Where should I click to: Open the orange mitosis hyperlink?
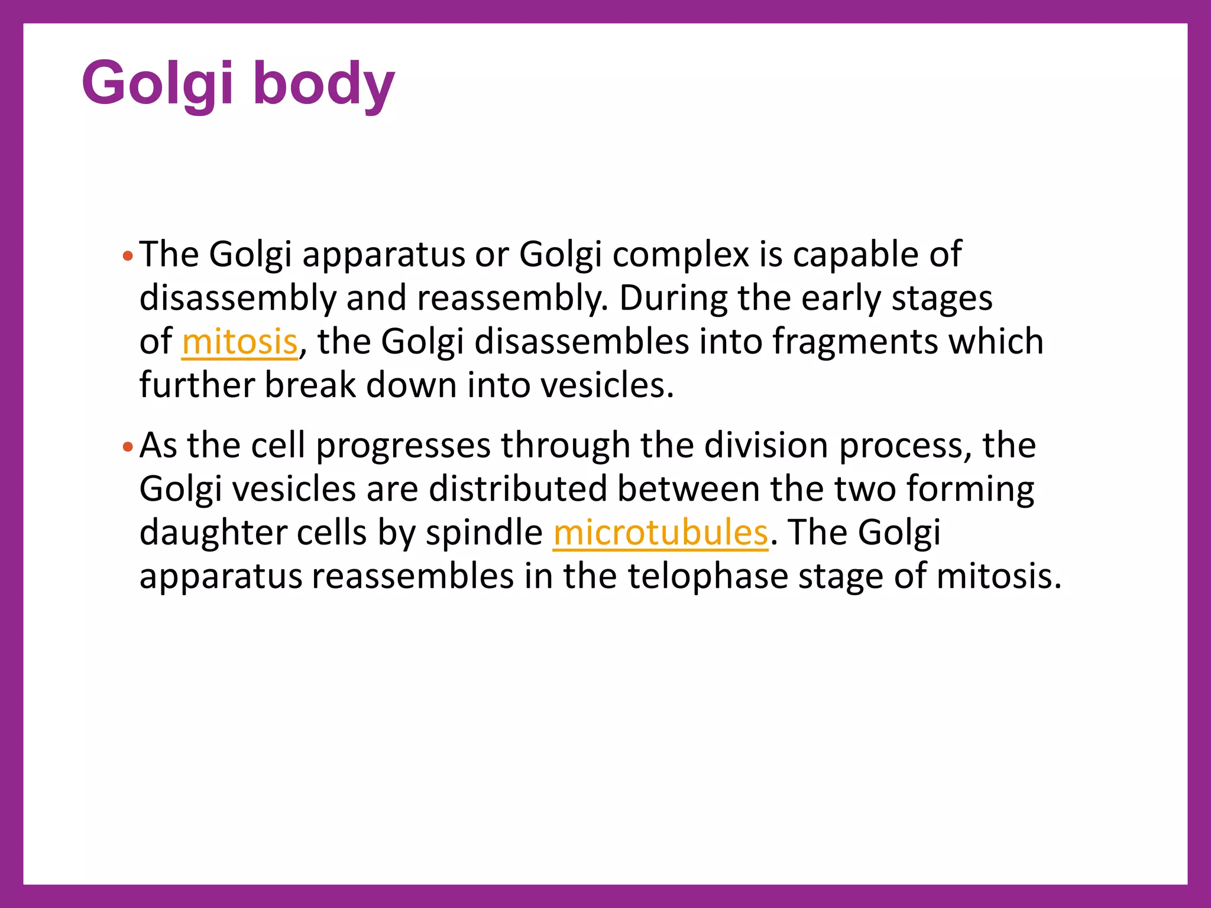coord(239,342)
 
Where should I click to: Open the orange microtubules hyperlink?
coord(660,533)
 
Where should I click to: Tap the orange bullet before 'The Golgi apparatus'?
coord(127,257)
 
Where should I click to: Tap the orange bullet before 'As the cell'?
coord(127,447)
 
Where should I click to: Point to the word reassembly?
coord(511,299)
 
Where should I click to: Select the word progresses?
coord(403,446)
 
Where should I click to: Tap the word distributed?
coord(518,489)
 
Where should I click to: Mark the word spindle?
coord(484,533)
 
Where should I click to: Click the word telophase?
coord(707,576)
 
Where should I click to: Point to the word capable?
coord(855,255)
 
